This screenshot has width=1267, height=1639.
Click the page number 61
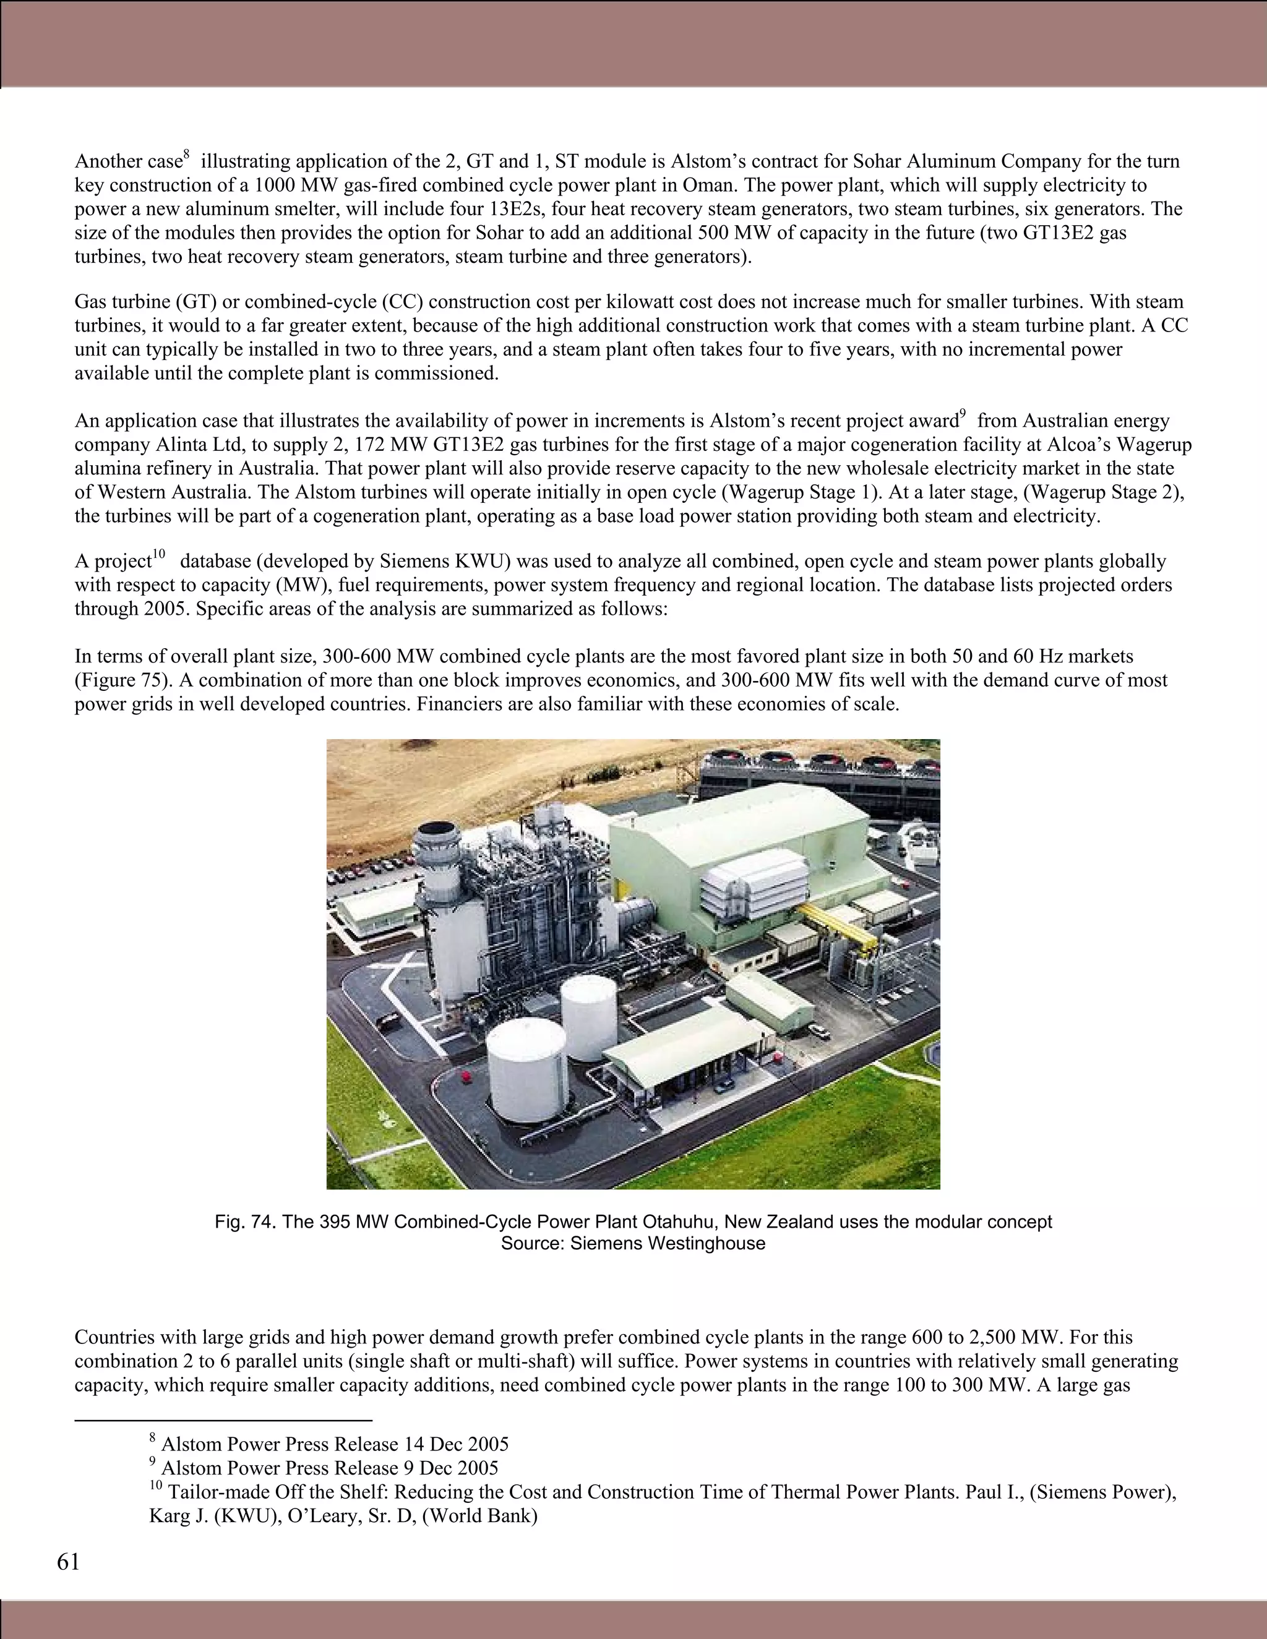(67, 1562)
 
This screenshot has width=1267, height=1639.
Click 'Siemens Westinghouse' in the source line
(668, 1244)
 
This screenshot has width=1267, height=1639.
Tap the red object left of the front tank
(467, 1077)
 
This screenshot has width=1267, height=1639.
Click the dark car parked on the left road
(390, 1020)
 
